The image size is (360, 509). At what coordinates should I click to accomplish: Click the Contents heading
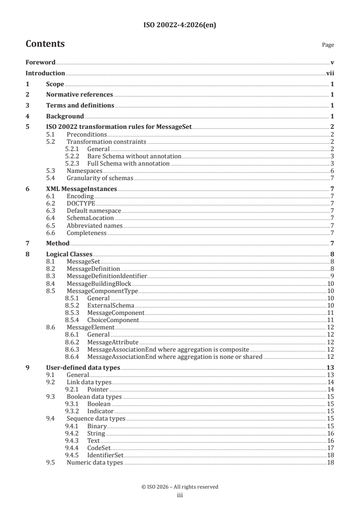click(x=45, y=44)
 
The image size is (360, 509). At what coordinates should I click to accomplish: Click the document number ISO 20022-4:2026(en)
click(x=180, y=25)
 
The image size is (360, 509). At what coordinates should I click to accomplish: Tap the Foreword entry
click(x=40, y=62)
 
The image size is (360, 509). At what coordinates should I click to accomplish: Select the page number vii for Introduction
click(x=330, y=73)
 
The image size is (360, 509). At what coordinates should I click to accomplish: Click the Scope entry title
click(x=55, y=84)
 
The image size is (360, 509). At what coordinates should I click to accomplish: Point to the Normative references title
click(x=79, y=95)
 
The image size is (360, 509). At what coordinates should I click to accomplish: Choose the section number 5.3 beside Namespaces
click(x=51, y=171)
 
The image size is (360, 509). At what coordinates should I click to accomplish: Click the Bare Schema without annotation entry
click(x=134, y=156)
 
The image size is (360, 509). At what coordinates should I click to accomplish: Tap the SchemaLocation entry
click(x=90, y=218)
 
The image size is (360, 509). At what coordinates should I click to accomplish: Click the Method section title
click(x=58, y=244)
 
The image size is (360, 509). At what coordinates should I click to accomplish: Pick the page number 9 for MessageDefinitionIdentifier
click(x=332, y=276)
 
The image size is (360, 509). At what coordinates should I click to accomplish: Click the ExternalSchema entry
click(x=110, y=306)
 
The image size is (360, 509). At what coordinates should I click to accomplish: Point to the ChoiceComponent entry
click(x=113, y=320)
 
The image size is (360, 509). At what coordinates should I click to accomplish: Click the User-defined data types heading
click(x=83, y=367)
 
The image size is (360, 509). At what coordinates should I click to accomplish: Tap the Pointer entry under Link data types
click(x=97, y=390)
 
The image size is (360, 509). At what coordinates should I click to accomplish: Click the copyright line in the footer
click(x=180, y=487)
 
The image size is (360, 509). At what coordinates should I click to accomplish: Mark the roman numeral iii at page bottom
click(x=180, y=495)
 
